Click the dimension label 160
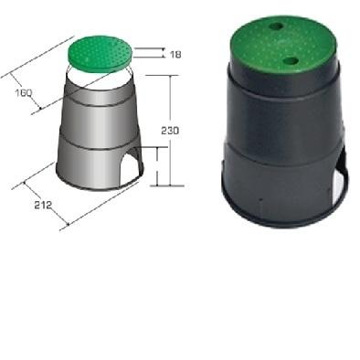24,92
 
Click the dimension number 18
175,54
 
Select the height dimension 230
170,130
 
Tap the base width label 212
43,205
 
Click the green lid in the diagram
100,54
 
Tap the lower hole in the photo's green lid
290,60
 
